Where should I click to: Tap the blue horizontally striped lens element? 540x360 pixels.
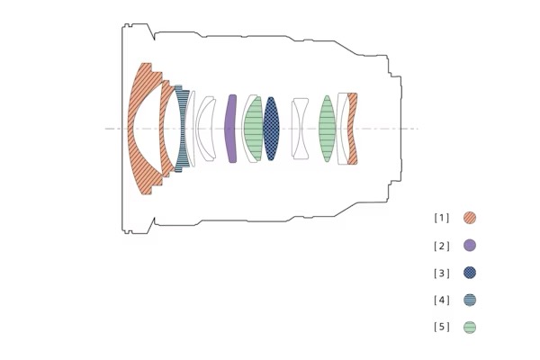coord(182,129)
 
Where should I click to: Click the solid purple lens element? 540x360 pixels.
coord(230,129)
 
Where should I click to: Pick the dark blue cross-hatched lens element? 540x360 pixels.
coord(271,129)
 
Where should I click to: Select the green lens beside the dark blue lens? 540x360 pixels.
coord(254,129)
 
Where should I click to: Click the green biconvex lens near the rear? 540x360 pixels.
coord(328,129)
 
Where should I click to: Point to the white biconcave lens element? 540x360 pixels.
coord(300,129)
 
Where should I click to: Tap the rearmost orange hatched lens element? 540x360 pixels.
coord(351,129)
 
